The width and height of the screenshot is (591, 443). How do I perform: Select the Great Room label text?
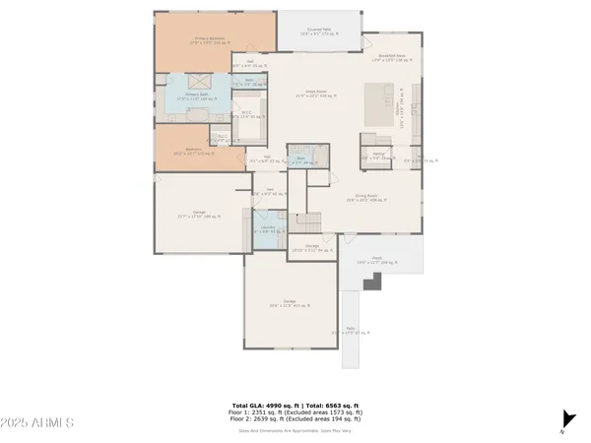click(x=316, y=94)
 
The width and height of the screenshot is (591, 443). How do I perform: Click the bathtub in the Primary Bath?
click(x=195, y=114)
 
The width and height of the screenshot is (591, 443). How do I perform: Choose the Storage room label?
click(x=311, y=247)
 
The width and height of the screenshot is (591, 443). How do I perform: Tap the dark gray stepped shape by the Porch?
click(x=372, y=283)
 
